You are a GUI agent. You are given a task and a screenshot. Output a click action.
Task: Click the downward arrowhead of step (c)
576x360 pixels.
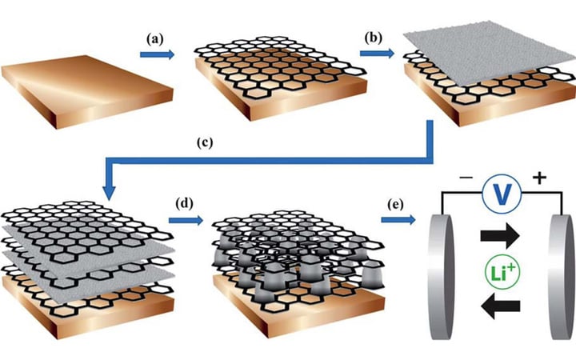pos(110,192)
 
